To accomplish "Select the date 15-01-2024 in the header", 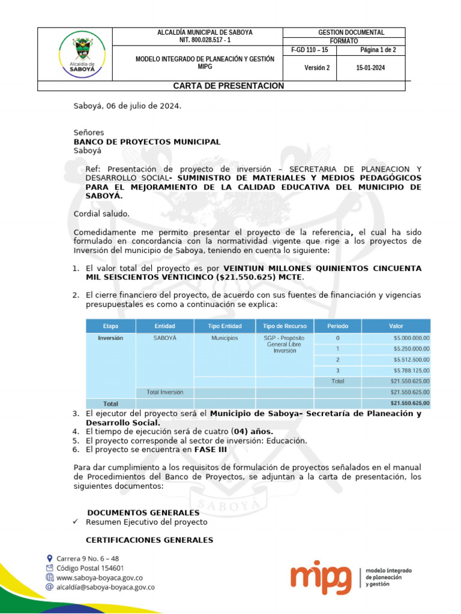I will (x=370, y=68).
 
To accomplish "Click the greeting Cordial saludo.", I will (x=101, y=214).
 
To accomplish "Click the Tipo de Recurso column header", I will (x=285, y=326).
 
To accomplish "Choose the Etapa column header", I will (x=110, y=326).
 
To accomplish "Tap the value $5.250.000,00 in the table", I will (x=412, y=348).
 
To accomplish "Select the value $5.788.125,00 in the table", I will (x=412, y=371).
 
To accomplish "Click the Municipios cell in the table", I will (x=224, y=338).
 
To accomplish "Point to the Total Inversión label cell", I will (x=165, y=392).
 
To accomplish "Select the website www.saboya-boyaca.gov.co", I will (x=99, y=578).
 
